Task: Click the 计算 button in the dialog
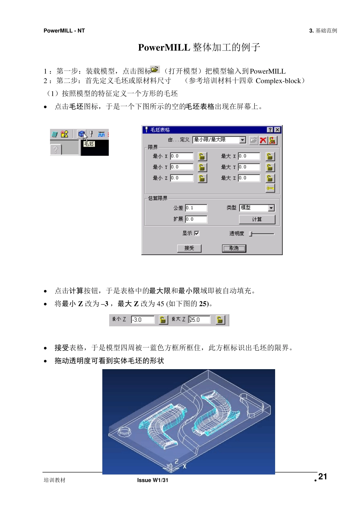pyautogui.click(x=257, y=219)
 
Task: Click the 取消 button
pyautogui.click(x=234, y=248)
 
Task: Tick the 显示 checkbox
pyautogui.click(x=197, y=233)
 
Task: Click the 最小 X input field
pyautogui.click(x=182, y=156)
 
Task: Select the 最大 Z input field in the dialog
pyautogui.click(x=249, y=178)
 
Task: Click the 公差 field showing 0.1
pyautogui.click(x=196, y=208)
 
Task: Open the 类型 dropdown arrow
pyautogui.click(x=271, y=208)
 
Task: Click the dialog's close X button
pyautogui.click(x=277, y=130)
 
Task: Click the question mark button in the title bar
pyautogui.click(x=270, y=130)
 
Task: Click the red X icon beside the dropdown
pyautogui.click(x=263, y=140)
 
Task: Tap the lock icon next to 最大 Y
pyautogui.click(x=270, y=167)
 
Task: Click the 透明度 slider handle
pyautogui.click(x=250, y=234)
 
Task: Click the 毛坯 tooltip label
pyautogui.click(x=89, y=144)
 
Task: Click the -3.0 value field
pyautogui.click(x=142, y=320)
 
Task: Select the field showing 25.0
pyautogui.click(x=199, y=320)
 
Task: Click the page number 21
pyautogui.click(x=322, y=477)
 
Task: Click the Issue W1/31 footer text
pyautogui.click(x=153, y=480)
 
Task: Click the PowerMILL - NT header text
pyautogui.click(x=64, y=31)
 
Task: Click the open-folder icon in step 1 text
pyautogui.click(x=155, y=69)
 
